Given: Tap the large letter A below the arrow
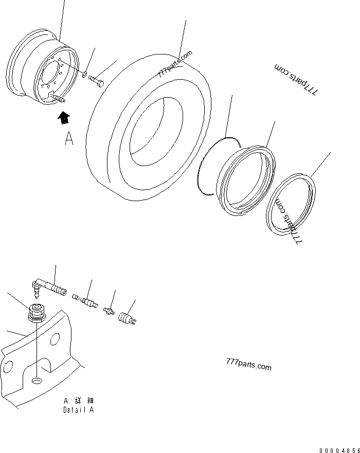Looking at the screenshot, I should coord(69,139).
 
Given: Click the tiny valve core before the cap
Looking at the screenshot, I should coord(109,311).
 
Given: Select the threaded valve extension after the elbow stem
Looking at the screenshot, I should coord(84,299).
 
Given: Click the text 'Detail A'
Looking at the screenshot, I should coord(78,410).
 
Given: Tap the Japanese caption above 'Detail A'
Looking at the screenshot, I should coord(79,401).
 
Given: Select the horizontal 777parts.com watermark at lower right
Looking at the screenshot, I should coord(248,365).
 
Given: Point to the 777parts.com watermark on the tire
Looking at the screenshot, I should coord(175,64).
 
